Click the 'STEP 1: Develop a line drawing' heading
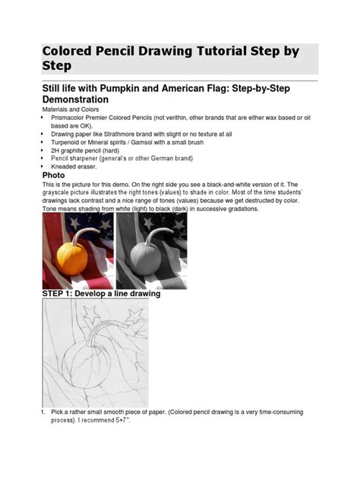pos(100,293)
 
